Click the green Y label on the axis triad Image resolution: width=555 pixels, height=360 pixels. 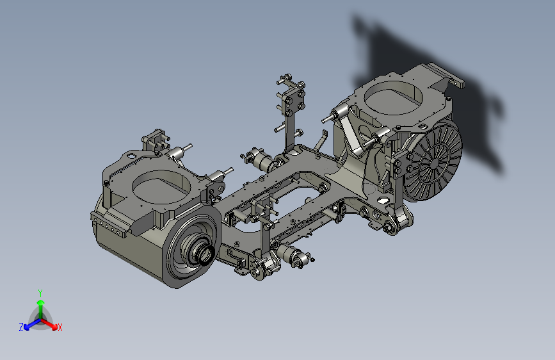(40, 293)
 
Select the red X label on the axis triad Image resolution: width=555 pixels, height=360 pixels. (60, 327)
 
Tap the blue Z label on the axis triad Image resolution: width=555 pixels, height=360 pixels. (21, 327)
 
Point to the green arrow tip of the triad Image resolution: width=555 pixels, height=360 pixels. (41, 302)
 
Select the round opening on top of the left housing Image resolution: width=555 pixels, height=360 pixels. (161, 187)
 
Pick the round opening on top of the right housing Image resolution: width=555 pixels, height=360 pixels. (393, 97)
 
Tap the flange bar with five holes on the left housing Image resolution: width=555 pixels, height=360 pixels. (109, 225)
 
